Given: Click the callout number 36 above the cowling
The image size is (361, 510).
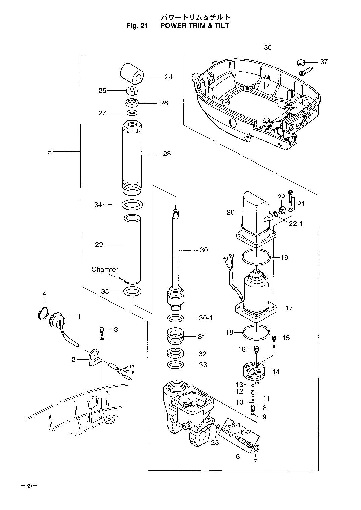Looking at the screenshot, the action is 268,47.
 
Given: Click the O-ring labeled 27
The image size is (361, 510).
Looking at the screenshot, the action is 132,113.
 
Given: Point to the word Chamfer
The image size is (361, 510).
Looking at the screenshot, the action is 105,269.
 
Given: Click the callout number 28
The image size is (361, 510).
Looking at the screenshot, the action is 167,154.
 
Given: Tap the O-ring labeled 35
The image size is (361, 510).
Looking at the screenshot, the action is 132,291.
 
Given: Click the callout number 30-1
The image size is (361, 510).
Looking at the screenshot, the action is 206,318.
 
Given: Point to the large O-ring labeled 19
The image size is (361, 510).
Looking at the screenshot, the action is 257,257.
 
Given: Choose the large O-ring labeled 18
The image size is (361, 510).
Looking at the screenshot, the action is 256,333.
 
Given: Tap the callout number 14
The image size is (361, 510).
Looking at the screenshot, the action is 276,372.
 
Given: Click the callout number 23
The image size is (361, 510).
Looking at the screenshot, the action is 215,442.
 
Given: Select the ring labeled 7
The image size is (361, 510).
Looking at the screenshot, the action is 256,448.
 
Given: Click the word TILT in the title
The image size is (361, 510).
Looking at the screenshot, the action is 221,25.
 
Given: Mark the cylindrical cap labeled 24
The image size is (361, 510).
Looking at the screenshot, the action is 132,74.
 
